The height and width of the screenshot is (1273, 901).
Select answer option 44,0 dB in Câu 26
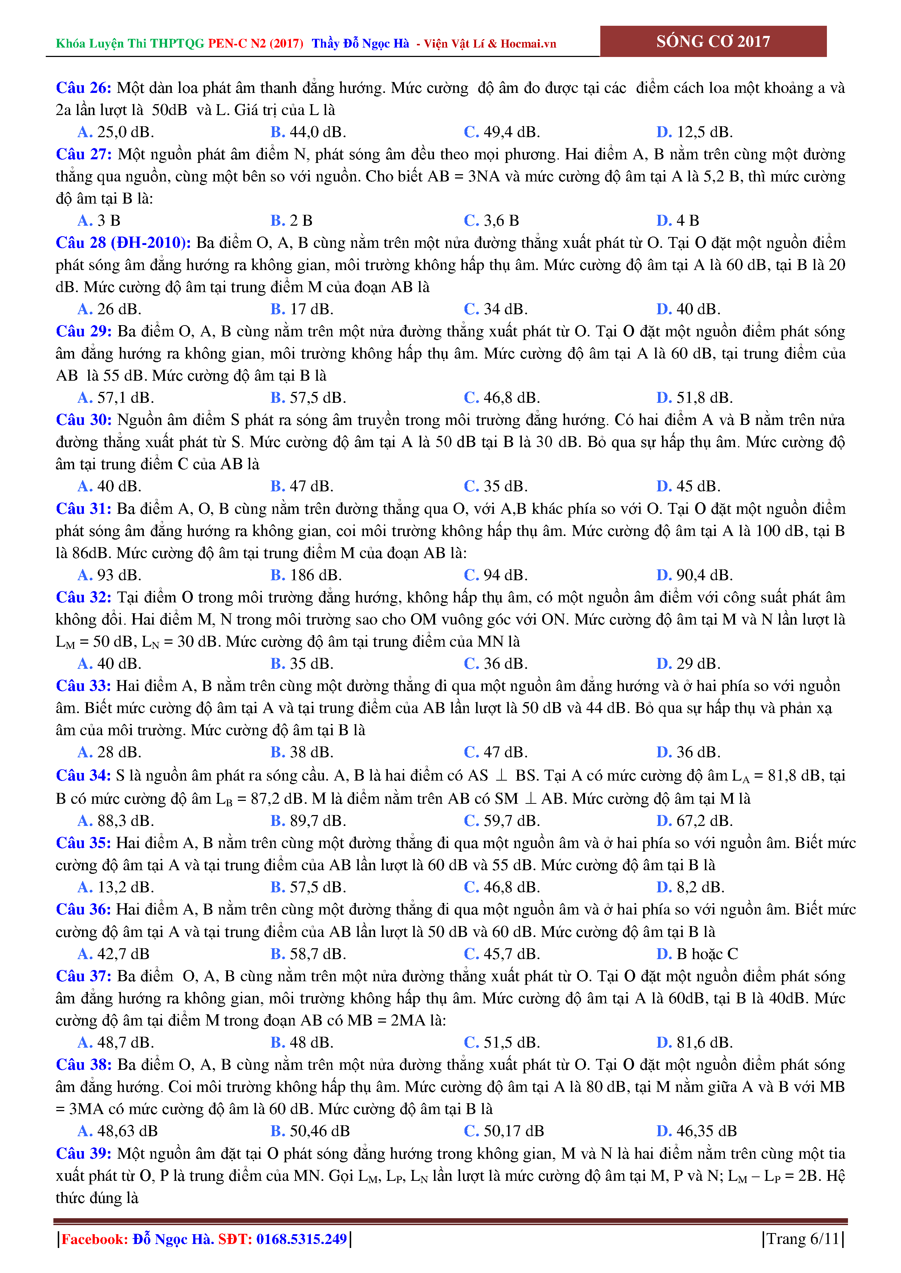[308, 132]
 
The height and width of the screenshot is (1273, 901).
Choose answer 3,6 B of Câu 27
[492, 221]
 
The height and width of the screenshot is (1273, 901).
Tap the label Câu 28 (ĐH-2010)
[123, 243]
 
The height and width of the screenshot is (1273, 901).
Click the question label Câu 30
[83, 420]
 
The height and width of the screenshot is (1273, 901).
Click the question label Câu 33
[83, 686]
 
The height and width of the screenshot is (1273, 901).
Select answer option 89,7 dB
[308, 820]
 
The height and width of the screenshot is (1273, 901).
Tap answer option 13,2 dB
[116, 887]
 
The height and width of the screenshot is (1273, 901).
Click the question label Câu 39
[83, 1154]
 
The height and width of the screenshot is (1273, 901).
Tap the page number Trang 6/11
[803, 1239]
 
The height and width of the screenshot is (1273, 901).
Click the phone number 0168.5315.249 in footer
[301, 1239]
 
